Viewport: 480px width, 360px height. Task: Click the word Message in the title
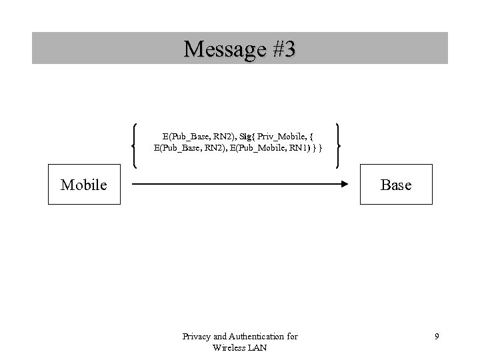220,49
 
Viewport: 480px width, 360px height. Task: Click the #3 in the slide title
279,49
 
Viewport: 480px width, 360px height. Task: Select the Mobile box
84,185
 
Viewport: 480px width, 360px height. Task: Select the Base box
396,185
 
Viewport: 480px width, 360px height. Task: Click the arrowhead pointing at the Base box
348,184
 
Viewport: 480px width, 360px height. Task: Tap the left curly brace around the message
135,145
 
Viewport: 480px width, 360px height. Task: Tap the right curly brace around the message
340,145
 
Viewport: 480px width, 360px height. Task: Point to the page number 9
437,337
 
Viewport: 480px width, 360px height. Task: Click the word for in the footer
291,337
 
